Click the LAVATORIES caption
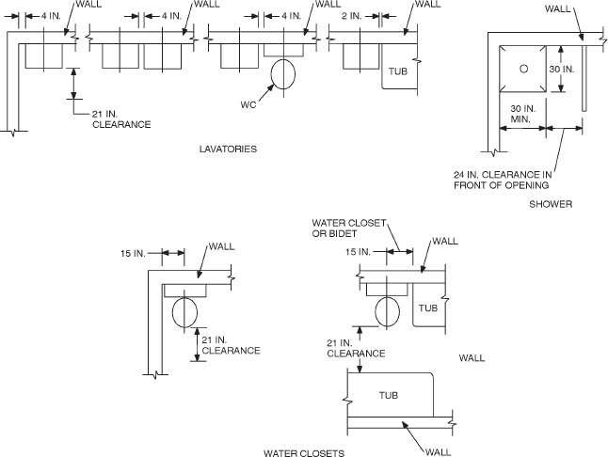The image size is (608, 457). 229,149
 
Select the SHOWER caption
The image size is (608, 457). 551,203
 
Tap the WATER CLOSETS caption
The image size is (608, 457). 303,452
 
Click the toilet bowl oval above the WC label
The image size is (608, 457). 283,72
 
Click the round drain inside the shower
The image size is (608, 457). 525,68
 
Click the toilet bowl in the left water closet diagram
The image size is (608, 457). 184,311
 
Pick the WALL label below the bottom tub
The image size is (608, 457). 438,451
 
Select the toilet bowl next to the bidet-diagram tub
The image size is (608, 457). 388,309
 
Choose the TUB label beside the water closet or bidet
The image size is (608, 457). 428,307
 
